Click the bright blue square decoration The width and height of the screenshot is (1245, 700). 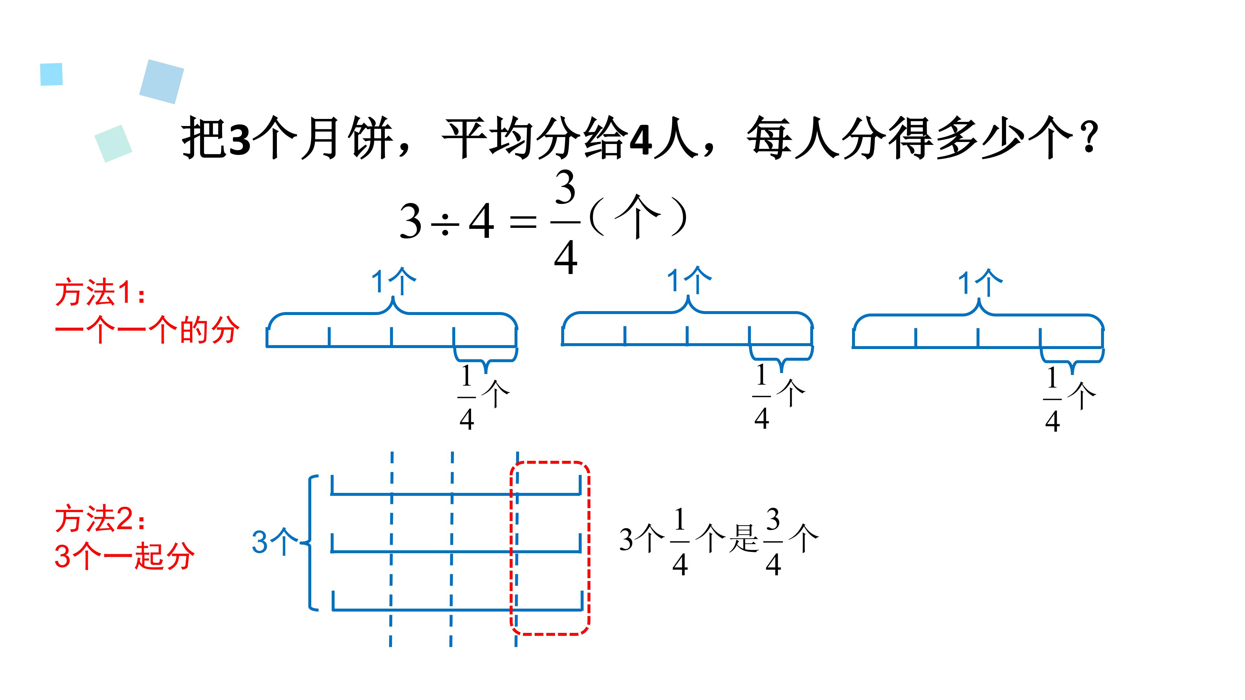[51, 75]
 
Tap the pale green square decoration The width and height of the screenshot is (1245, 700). [113, 144]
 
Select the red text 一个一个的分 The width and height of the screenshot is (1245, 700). [147, 330]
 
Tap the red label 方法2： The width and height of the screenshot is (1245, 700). [101, 519]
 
